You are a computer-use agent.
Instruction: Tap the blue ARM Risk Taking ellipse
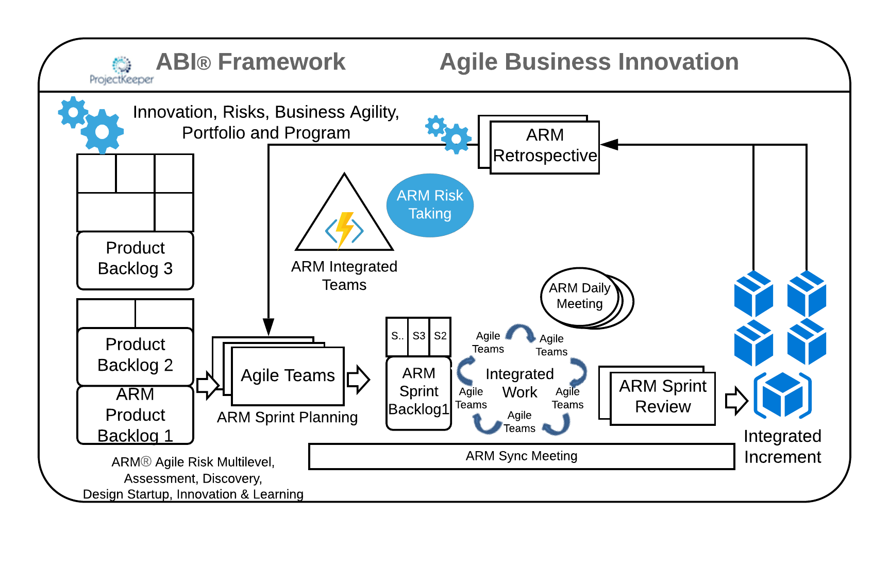(430, 205)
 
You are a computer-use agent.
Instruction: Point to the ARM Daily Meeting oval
(579, 296)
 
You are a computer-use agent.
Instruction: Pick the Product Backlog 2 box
(135, 355)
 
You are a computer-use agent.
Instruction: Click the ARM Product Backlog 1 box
(135, 415)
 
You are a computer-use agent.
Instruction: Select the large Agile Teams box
(288, 376)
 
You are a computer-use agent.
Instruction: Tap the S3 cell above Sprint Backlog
(418, 336)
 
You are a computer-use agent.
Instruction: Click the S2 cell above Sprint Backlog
(440, 336)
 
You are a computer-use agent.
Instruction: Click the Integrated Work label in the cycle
(519, 383)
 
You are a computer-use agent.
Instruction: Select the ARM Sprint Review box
(662, 398)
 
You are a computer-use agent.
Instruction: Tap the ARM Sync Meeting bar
(521, 456)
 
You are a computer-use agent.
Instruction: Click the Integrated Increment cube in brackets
(782, 395)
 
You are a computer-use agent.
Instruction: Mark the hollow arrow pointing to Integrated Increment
(736, 401)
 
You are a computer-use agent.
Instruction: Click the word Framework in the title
(281, 62)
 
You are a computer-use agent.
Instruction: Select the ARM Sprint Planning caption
(287, 417)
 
